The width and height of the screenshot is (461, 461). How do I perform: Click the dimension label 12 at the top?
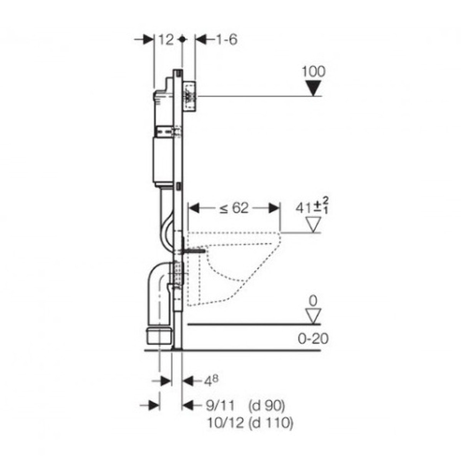tap(166, 40)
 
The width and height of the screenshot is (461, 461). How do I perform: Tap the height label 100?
tap(313, 71)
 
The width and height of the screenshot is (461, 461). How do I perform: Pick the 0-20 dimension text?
tap(313, 339)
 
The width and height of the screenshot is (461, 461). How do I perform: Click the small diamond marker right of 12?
tap(182, 40)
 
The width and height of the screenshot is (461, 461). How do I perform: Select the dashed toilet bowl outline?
tap(230, 265)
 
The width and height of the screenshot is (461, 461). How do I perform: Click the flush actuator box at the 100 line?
tap(190, 97)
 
